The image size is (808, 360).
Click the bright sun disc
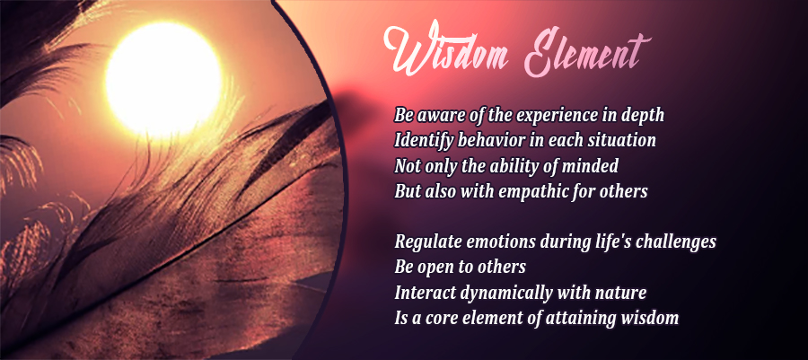[163, 79]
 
